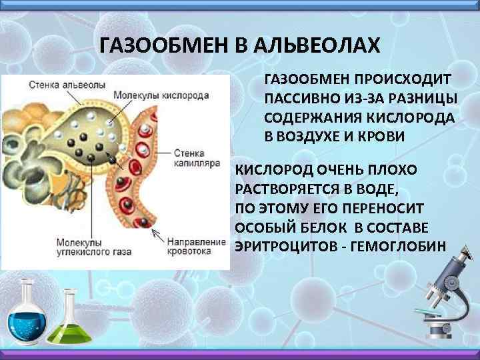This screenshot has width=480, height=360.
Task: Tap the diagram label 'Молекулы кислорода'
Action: tap(161, 95)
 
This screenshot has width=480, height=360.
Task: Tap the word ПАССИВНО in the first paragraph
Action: tap(297, 99)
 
